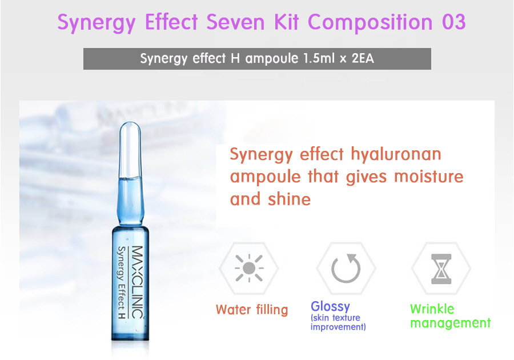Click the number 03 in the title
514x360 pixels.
[x=453, y=22]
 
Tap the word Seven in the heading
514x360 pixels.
[x=235, y=22]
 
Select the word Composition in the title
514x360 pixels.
[x=370, y=23]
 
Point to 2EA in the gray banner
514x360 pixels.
[x=363, y=58]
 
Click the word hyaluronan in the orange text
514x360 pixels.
[x=396, y=154]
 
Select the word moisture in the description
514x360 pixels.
[x=429, y=177]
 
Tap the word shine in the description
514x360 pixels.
[x=289, y=199]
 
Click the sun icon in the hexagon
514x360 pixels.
[x=249, y=268]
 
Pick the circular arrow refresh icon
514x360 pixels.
[x=346, y=268]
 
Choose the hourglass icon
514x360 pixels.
[x=441, y=269]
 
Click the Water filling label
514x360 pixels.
[x=252, y=310]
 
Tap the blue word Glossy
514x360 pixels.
[x=331, y=306]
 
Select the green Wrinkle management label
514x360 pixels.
[x=450, y=316]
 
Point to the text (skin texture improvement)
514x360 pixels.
[x=338, y=322]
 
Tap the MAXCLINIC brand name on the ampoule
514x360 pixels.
[x=137, y=282]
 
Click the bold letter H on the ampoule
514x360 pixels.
[x=122, y=316]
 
